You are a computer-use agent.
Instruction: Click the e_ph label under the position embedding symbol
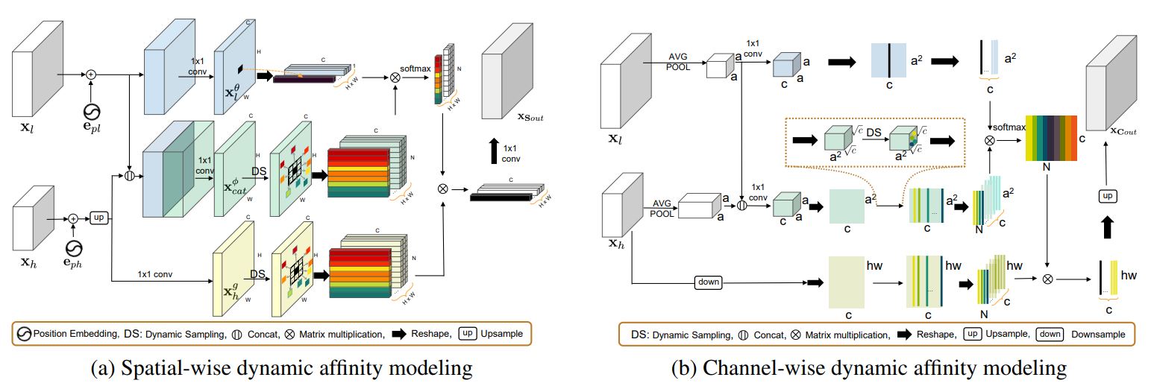(x=73, y=263)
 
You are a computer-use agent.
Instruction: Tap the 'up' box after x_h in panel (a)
(x=98, y=218)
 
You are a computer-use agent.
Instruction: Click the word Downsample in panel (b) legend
(x=1098, y=335)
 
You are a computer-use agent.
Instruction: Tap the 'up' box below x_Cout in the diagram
(x=1106, y=194)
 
